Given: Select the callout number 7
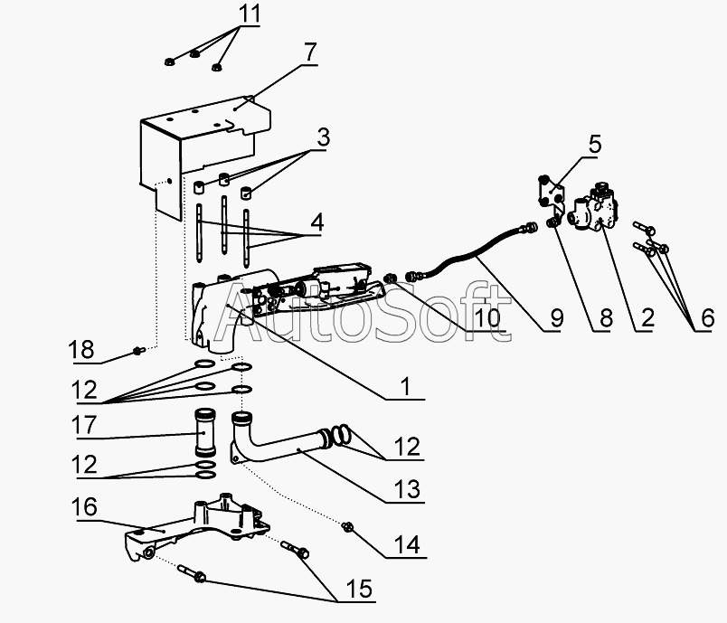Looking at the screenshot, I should [x=309, y=52].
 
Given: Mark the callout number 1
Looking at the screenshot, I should [x=406, y=388].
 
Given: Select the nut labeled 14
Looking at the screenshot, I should [x=349, y=525].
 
